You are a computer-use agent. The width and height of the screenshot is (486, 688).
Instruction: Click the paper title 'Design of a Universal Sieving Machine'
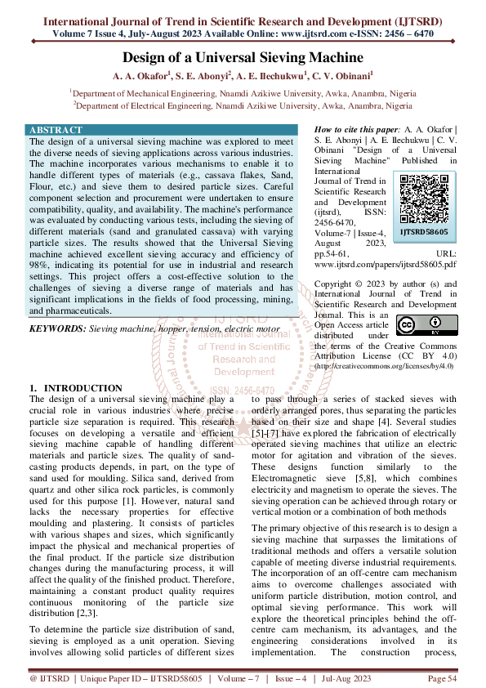coord(243,57)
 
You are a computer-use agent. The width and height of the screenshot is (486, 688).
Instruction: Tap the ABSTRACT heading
coord(56,130)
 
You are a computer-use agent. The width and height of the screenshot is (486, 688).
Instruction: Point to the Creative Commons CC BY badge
coord(416,325)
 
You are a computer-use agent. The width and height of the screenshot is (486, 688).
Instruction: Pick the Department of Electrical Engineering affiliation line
coord(243,105)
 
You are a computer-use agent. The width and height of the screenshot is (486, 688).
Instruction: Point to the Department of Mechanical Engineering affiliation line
coord(243,93)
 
